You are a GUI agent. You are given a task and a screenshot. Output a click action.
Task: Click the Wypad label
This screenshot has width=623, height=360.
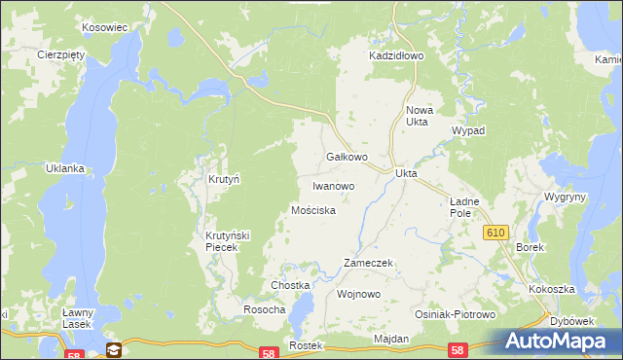(x=468, y=130)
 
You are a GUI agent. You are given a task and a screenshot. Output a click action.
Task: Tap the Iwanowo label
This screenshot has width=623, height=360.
(x=333, y=185)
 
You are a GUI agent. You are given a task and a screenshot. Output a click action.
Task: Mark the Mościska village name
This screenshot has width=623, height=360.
(x=314, y=210)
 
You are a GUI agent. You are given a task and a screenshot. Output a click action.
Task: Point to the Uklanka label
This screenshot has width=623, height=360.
(x=65, y=168)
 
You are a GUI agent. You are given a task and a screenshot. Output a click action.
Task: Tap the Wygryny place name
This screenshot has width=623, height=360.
(x=566, y=197)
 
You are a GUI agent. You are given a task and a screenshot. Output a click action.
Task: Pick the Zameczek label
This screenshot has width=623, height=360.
(x=368, y=264)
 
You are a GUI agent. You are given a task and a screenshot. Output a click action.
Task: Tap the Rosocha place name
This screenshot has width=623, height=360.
(x=264, y=309)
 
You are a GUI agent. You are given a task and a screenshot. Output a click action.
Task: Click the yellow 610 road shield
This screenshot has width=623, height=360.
(x=496, y=232)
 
